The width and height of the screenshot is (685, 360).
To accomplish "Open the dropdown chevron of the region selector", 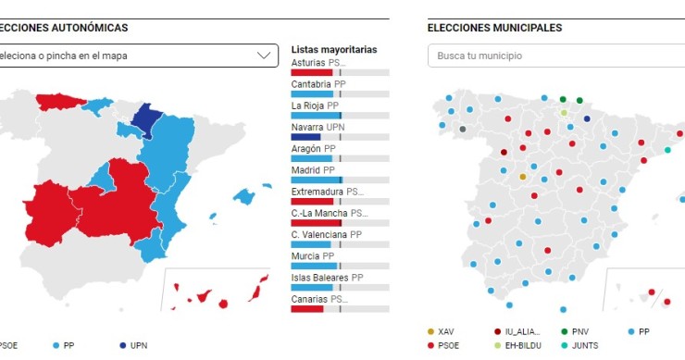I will click(263, 56).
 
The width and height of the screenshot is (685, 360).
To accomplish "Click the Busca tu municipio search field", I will click(555, 56).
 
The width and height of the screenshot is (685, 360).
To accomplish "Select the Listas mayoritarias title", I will click(333, 49).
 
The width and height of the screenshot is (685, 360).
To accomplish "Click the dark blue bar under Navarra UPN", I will click(305, 137).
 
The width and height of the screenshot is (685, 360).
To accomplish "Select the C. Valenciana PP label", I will click(326, 234).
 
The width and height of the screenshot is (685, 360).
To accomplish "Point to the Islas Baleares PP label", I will click(327, 277).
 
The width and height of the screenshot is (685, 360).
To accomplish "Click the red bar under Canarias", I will click(306, 308).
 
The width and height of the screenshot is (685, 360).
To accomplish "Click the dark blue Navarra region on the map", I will click(145, 120).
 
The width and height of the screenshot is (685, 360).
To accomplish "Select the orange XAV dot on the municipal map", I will click(522, 176).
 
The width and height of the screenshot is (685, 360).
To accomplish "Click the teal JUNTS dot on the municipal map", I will click(667, 150).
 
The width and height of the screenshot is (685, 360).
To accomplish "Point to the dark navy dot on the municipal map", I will click(587, 118).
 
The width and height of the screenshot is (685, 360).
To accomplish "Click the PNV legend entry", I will click(575, 331).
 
